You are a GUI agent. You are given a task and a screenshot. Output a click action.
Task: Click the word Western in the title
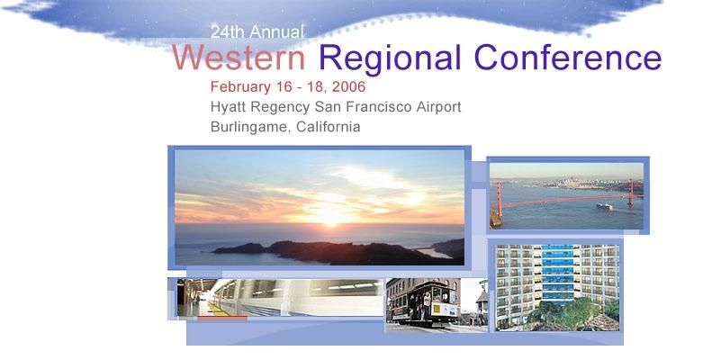pos(239,58)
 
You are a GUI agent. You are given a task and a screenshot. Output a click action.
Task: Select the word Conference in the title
pos(568,58)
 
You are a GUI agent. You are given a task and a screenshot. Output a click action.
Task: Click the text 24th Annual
pos(257,31)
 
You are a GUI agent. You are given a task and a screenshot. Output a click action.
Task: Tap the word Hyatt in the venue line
pos(229,108)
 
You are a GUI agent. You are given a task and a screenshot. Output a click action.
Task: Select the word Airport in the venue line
pos(438,108)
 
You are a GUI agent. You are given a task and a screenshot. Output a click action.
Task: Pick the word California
pos(329,126)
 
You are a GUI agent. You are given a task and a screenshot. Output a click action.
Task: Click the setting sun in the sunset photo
pos(331,217)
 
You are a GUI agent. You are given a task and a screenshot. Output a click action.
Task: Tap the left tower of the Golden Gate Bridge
pos(500,199)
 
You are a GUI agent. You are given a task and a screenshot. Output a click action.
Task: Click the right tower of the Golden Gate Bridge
pos(631,192)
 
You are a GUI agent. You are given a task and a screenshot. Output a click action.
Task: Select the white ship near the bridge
pos(604,206)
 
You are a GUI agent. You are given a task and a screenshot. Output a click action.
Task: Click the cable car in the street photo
pos(426,301)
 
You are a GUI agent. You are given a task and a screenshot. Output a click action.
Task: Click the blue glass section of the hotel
pos(557,274)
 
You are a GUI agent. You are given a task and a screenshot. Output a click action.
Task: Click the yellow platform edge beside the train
pos(218,310)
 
